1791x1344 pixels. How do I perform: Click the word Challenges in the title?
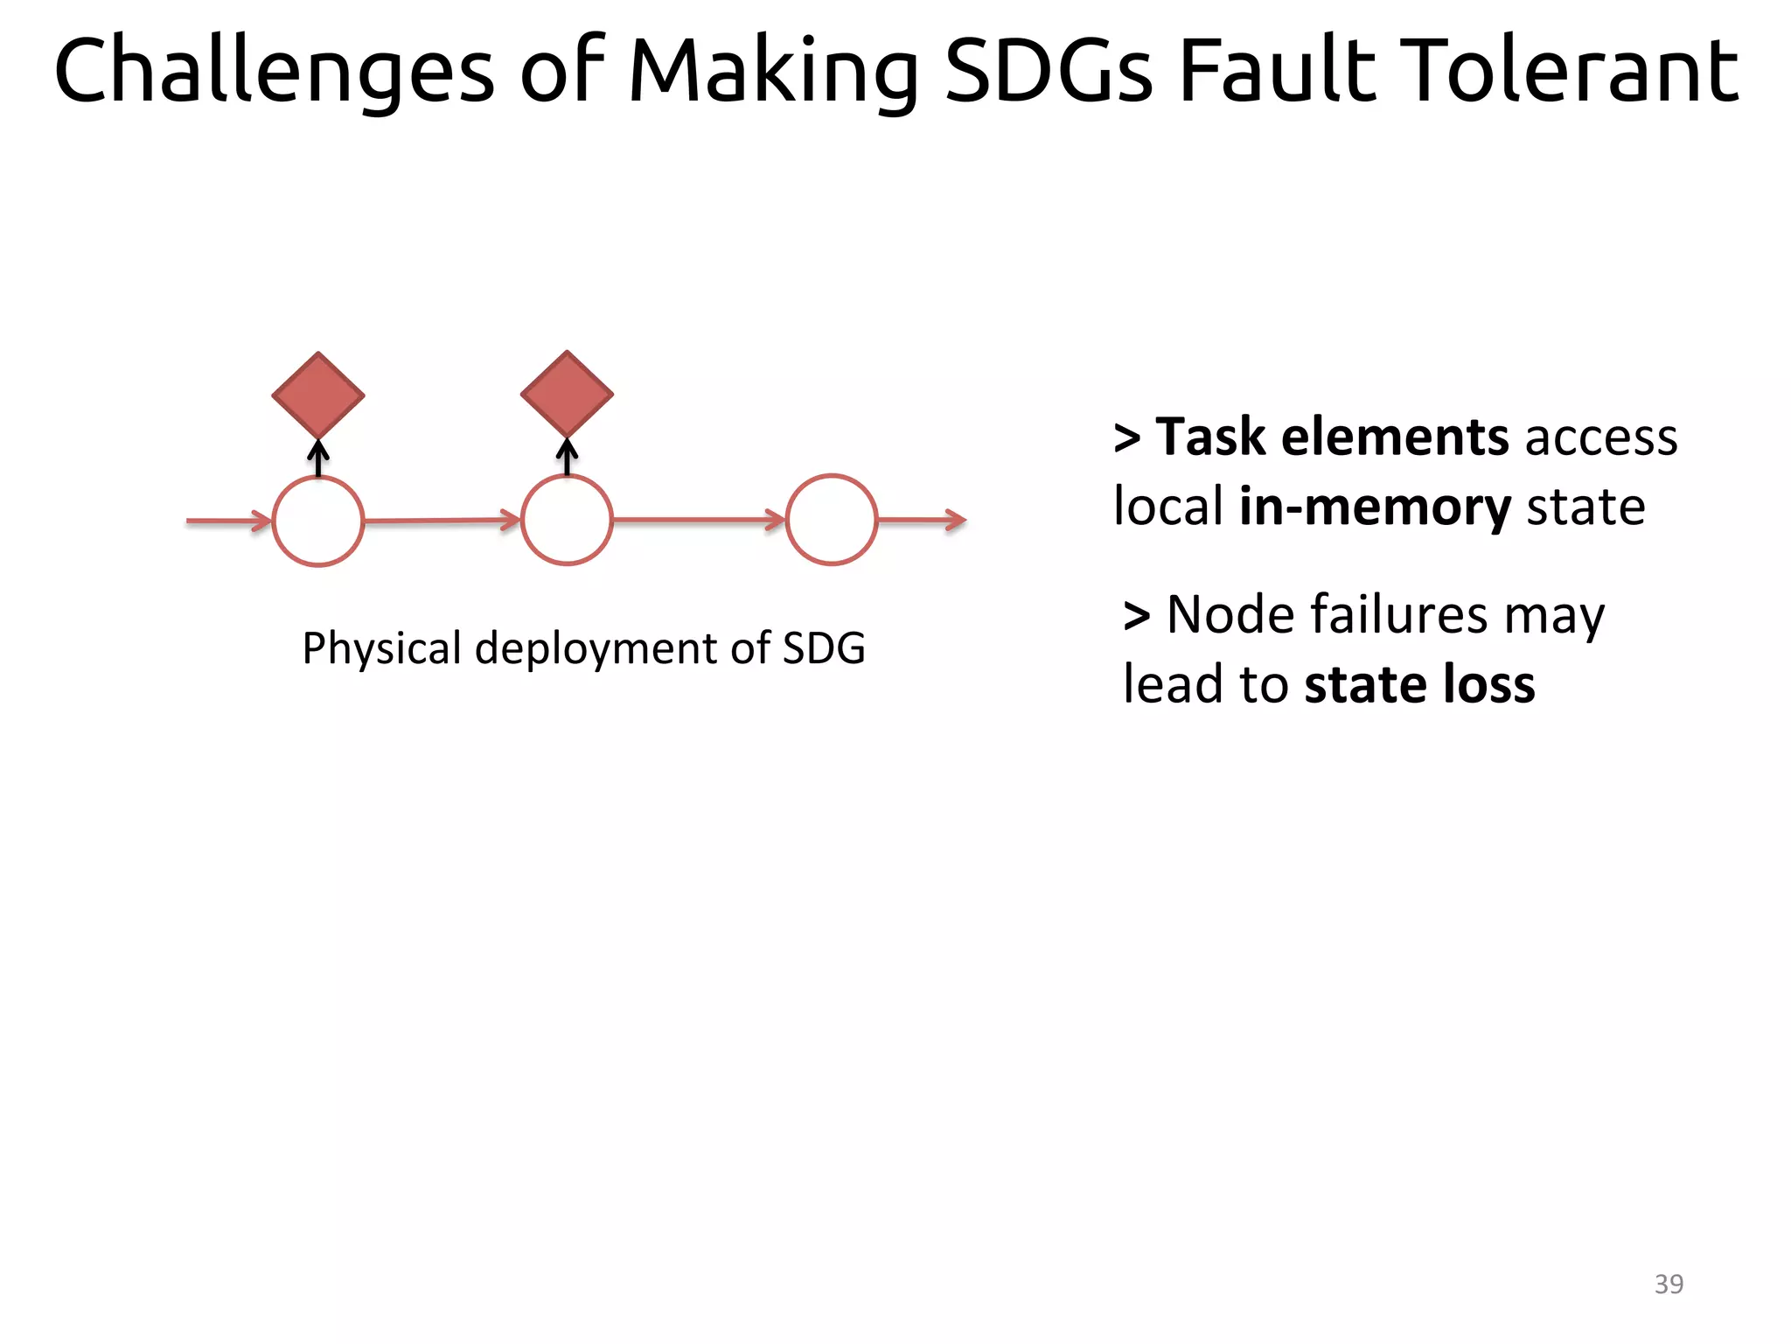[274, 72]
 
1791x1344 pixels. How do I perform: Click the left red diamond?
[318, 395]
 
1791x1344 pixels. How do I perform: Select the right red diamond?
[567, 394]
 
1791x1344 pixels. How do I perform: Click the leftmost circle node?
[318, 521]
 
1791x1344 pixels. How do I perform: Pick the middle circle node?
[567, 521]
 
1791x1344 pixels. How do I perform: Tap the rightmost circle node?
[832, 521]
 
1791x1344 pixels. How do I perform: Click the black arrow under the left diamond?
[318, 458]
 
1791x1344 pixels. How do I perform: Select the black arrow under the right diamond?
[568, 457]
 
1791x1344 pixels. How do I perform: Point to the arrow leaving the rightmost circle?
[922, 521]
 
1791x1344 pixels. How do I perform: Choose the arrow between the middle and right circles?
[699, 520]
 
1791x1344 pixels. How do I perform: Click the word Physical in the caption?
[381, 648]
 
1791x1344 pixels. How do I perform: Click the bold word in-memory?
[1375, 507]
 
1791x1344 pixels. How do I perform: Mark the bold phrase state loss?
[1419, 684]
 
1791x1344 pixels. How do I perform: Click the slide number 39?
[1669, 1284]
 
